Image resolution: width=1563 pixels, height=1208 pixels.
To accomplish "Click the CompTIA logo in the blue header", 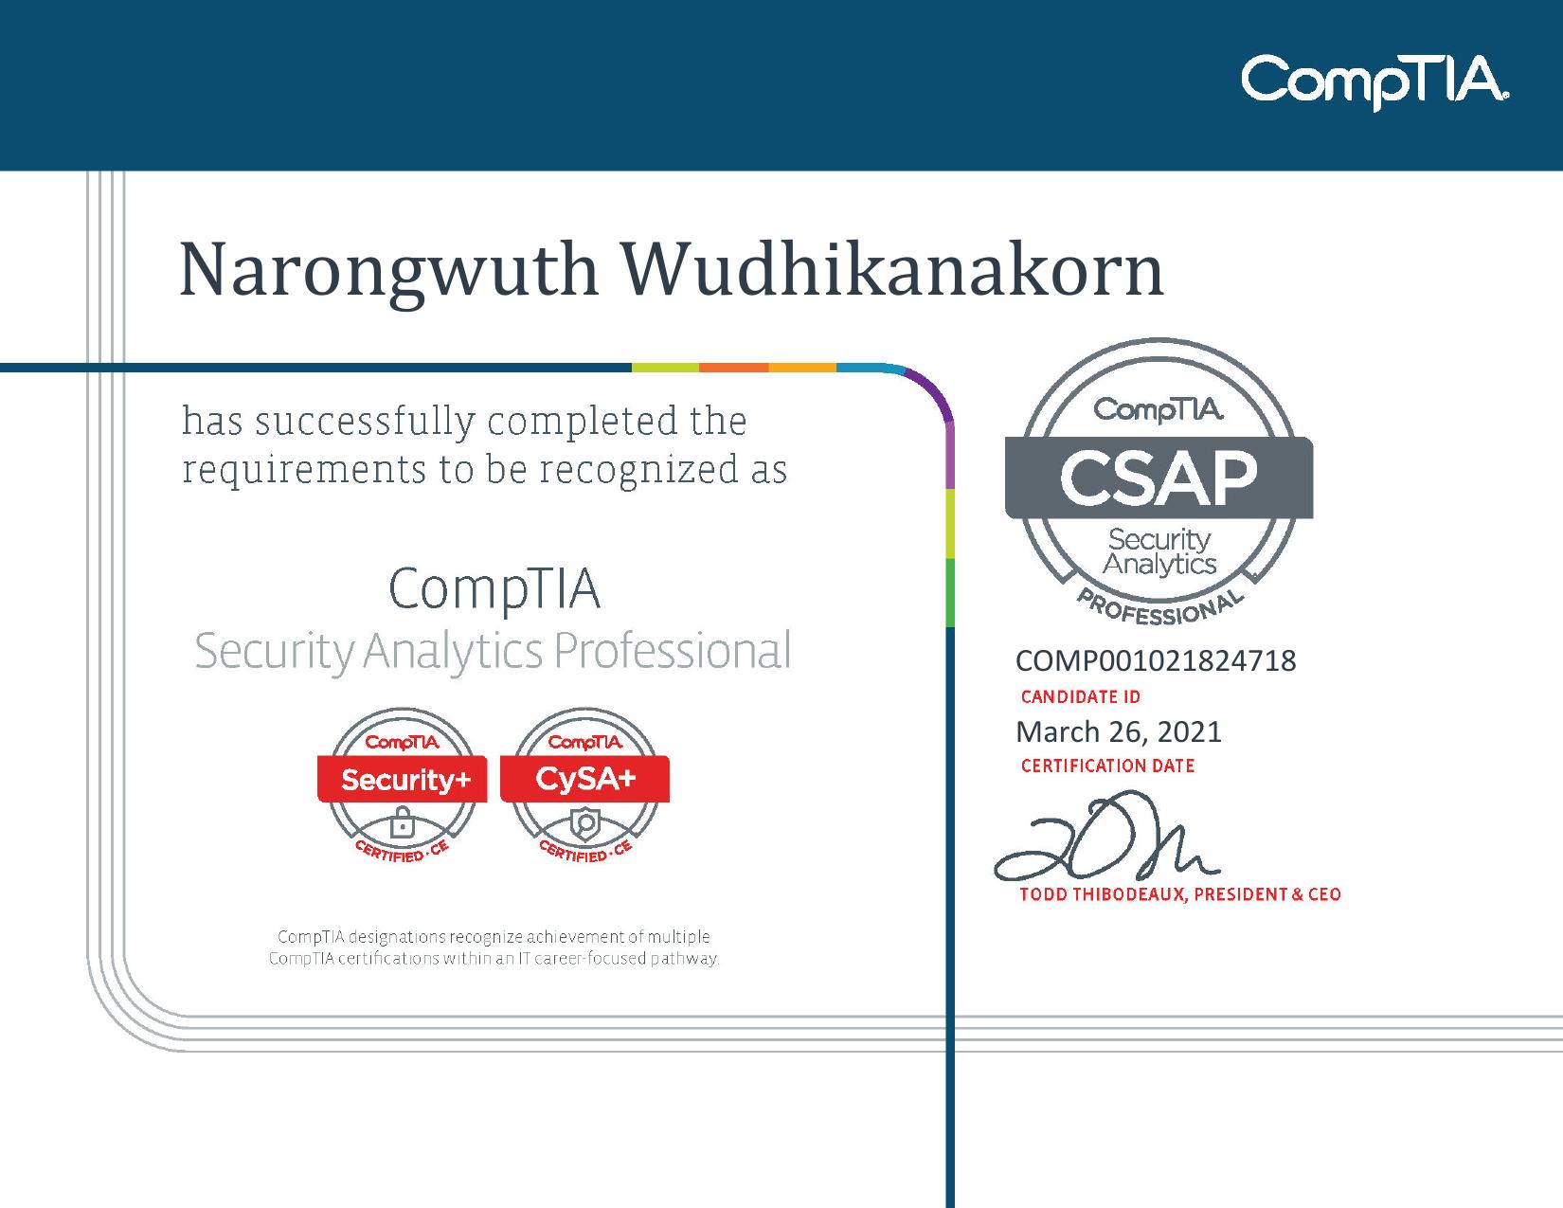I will (1374, 81).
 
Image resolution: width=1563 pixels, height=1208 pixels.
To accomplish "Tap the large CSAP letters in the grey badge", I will (1158, 478).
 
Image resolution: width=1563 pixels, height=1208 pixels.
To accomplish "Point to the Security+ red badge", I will (403, 780).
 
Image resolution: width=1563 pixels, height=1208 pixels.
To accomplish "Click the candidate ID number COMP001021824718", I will (1156, 660).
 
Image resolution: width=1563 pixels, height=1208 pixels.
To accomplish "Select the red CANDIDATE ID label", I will (1080, 697).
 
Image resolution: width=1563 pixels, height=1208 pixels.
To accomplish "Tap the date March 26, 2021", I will (1119, 731).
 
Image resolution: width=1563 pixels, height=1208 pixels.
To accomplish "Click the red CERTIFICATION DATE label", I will (1107, 766).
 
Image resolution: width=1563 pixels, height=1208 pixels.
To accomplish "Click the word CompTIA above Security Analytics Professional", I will (494, 588).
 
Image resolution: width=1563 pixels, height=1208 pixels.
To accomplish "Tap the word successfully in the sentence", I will (366, 423).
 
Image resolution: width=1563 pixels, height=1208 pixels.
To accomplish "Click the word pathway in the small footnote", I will (691, 959).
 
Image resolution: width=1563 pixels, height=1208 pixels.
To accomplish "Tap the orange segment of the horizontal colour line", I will (733, 368).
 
